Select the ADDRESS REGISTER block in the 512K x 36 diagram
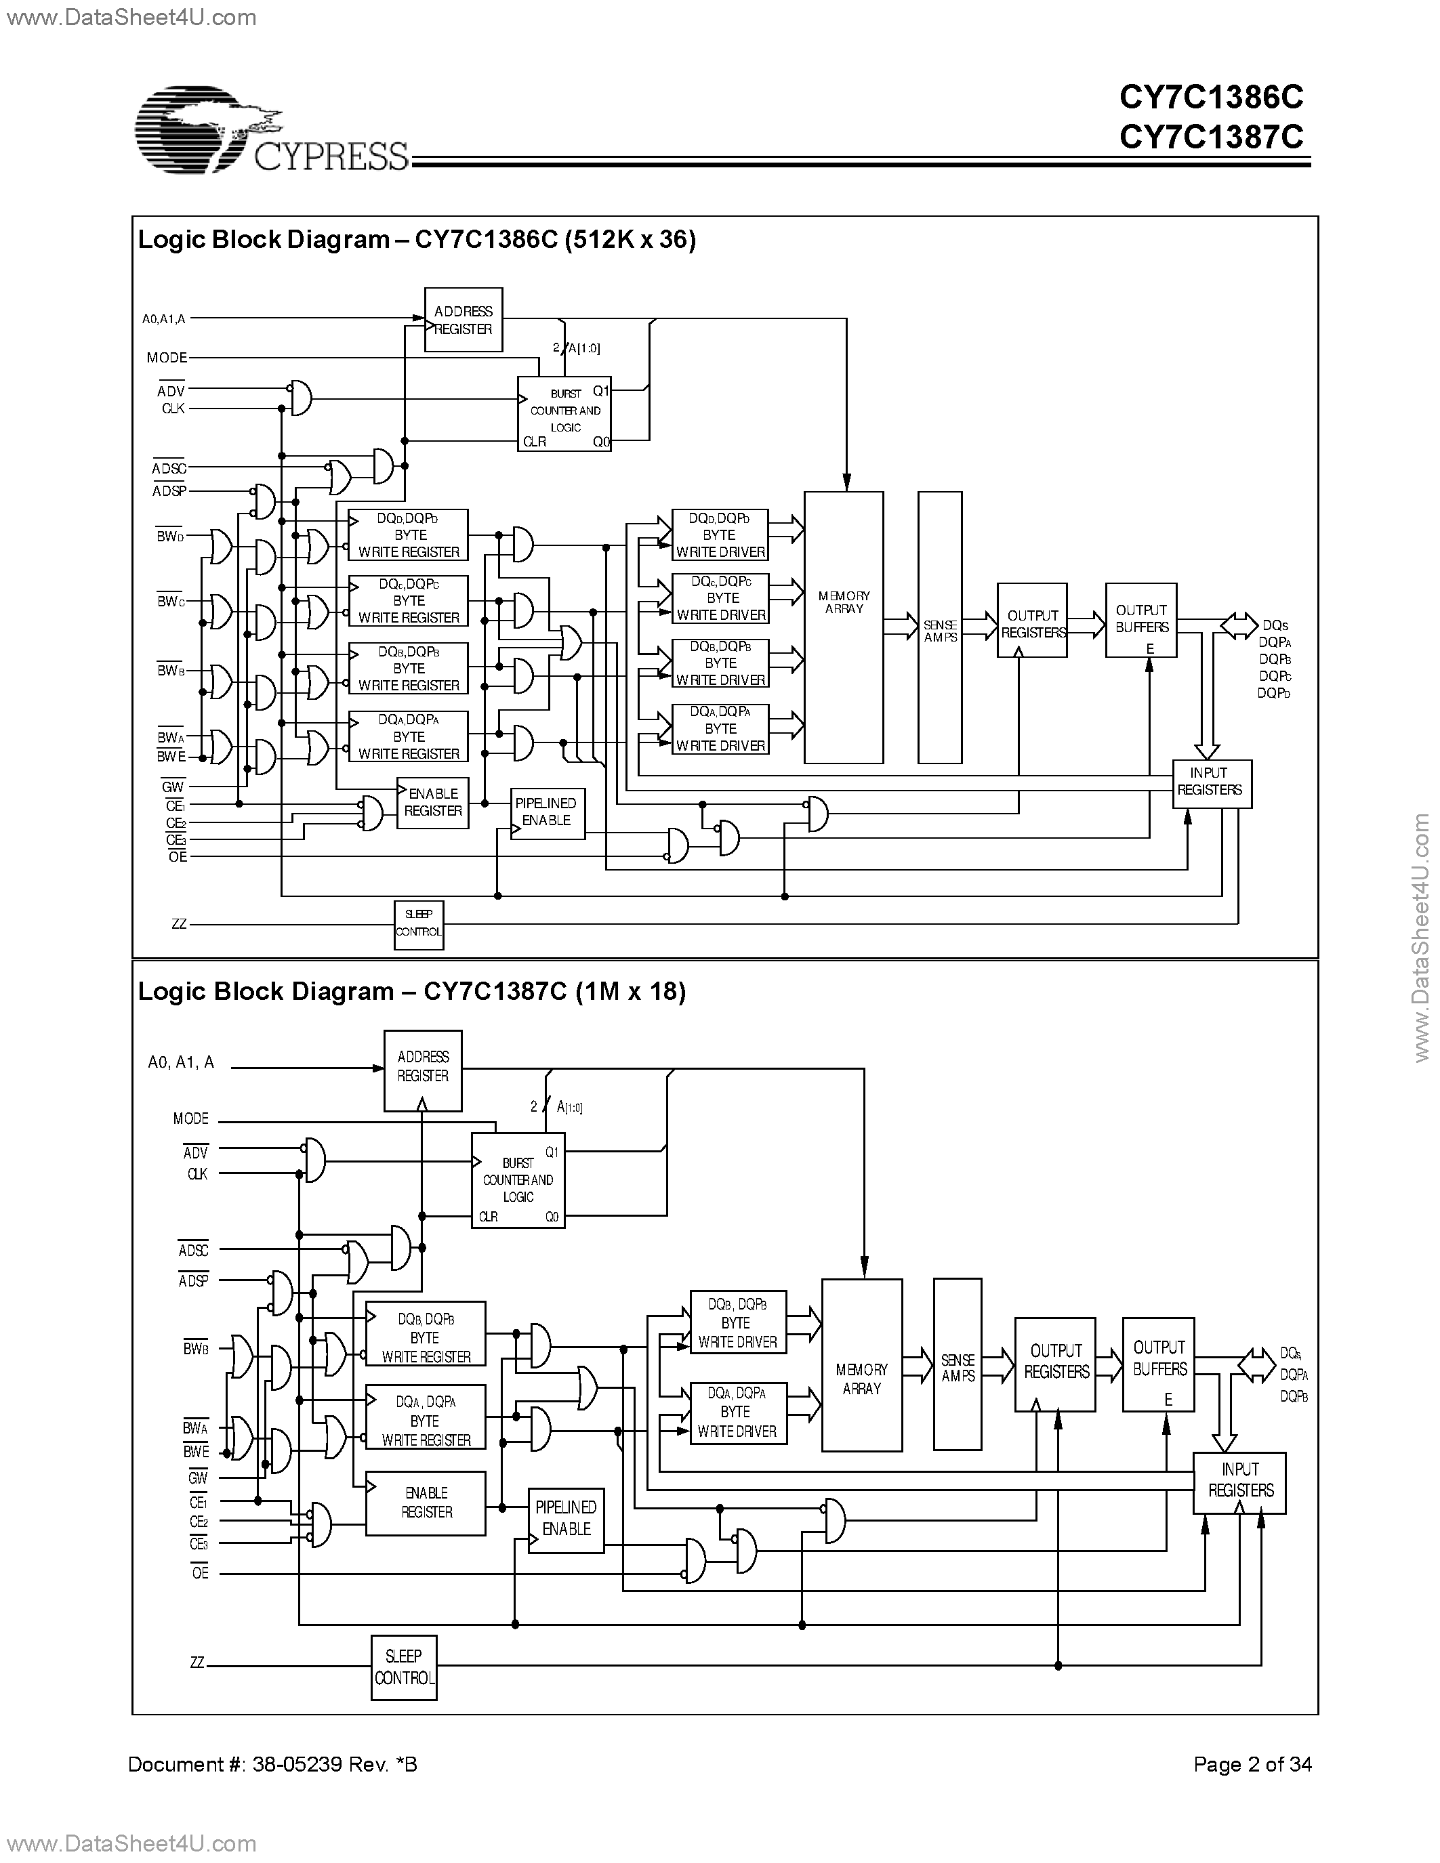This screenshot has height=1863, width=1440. coord(464,320)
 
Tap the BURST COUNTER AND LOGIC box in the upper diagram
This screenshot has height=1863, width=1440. coord(564,414)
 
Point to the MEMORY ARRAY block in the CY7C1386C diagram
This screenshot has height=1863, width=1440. coord(843,627)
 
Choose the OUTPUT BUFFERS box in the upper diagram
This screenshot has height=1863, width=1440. coord(1140,620)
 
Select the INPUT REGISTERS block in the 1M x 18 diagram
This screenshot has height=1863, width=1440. coord(1239,1482)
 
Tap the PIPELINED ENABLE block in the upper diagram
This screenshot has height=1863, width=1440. coord(547,813)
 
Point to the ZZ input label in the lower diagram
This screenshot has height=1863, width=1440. coord(197,1662)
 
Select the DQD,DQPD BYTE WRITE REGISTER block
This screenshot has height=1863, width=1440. coord(408,535)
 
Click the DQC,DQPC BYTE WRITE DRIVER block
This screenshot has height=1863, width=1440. coord(720,598)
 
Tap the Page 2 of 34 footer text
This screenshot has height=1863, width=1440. coord(1252,1764)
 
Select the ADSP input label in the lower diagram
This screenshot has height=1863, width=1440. coord(194,1280)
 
